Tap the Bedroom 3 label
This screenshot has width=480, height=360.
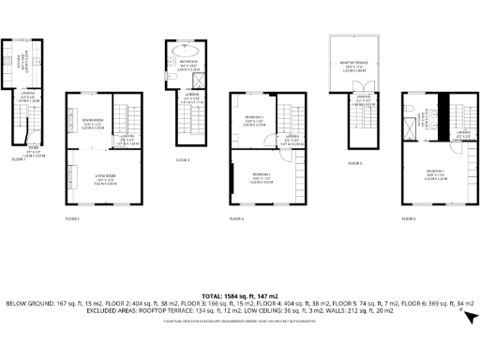tap(254, 120)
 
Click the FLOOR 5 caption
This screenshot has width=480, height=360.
tap(354, 162)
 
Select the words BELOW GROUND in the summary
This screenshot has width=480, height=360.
tap(28, 305)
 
